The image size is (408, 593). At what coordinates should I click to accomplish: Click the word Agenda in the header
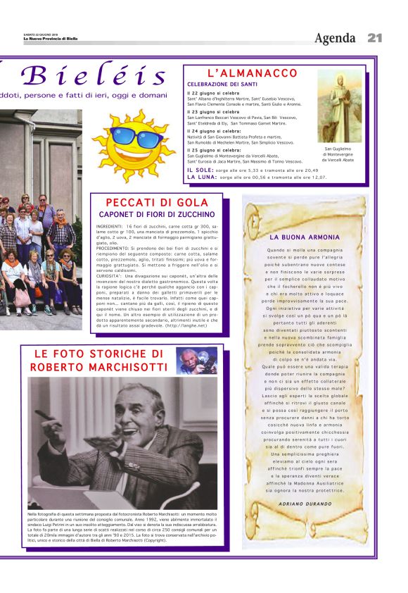click(x=337, y=38)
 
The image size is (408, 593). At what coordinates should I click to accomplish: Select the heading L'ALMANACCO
click(x=253, y=73)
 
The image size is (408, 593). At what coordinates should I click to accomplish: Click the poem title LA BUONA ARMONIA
click(x=305, y=237)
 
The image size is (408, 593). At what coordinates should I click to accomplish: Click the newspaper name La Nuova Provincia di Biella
click(x=49, y=39)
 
